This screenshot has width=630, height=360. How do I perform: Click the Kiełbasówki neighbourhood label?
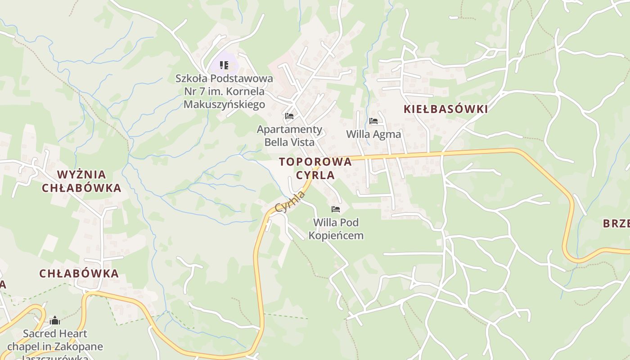tap(445, 109)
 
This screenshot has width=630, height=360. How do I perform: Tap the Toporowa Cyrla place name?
tap(315, 168)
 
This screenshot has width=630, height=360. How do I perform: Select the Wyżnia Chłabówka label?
tap(81, 181)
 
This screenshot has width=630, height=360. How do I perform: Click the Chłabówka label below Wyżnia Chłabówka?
tap(79, 273)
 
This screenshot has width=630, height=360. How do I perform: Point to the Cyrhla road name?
tap(290, 202)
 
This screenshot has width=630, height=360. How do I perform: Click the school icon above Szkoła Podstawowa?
tap(224, 65)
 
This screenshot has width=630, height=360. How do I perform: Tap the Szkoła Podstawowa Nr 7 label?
tap(224, 91)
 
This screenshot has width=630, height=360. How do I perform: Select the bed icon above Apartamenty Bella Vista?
tap(289, 116)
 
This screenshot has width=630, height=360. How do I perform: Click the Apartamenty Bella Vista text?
tap(289, 136)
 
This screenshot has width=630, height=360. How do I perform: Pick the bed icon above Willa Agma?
tap(373, 121)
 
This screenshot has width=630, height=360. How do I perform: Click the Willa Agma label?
tap(373, 134)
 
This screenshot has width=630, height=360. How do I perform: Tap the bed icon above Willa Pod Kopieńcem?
tap(336, 209)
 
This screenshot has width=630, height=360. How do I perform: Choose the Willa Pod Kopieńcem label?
tap(336, 229)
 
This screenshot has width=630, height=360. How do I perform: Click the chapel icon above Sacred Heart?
tap(55, 320)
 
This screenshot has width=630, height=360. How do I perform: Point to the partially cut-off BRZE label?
tap(616, 224)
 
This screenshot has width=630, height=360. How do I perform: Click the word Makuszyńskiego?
tap(224, 105)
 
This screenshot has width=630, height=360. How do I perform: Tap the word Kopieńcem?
tap(336, 235)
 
